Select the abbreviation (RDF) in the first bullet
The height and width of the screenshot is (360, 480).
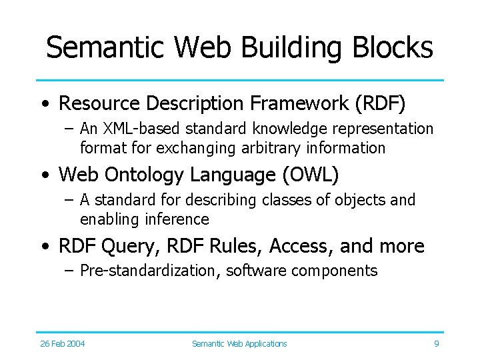pos(381,103)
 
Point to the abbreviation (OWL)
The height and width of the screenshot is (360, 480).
pos(313,175)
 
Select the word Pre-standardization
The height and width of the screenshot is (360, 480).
pos(150,271)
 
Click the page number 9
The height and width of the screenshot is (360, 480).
pos(436,343)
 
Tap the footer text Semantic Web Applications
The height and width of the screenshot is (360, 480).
pos(239,343)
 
